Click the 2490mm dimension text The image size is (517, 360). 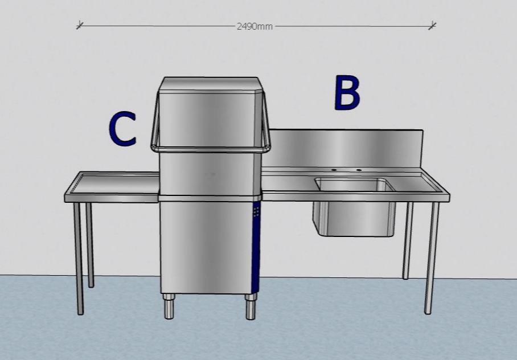pyautogui.click(x=255, y=26)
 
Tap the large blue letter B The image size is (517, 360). pyautogui.click(x=347, y=93)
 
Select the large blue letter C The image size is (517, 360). pyautogui.click(x=122, y=128)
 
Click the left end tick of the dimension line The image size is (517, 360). pyautogui.click(x=80, y=24)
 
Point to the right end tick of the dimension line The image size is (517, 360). pyautogui.click(x=433, y=25)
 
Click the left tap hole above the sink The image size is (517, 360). pyautogui.click(x=334, y=170)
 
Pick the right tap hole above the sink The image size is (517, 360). pyautogui.click(x=359, y=170)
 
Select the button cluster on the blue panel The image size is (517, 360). pyautogui.click(x=256, y=212)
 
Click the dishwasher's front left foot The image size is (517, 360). pyautogui.click(x=169, y=308)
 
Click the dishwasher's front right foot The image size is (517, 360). pyautogui.click(x=249, y=308)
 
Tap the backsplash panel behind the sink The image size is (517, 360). pyautogui.click(x=346, y=148)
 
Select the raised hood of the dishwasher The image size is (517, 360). pyautogui.click(x=211, y=114)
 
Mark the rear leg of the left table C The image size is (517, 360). pyautogui.click(x=90, y=245)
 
